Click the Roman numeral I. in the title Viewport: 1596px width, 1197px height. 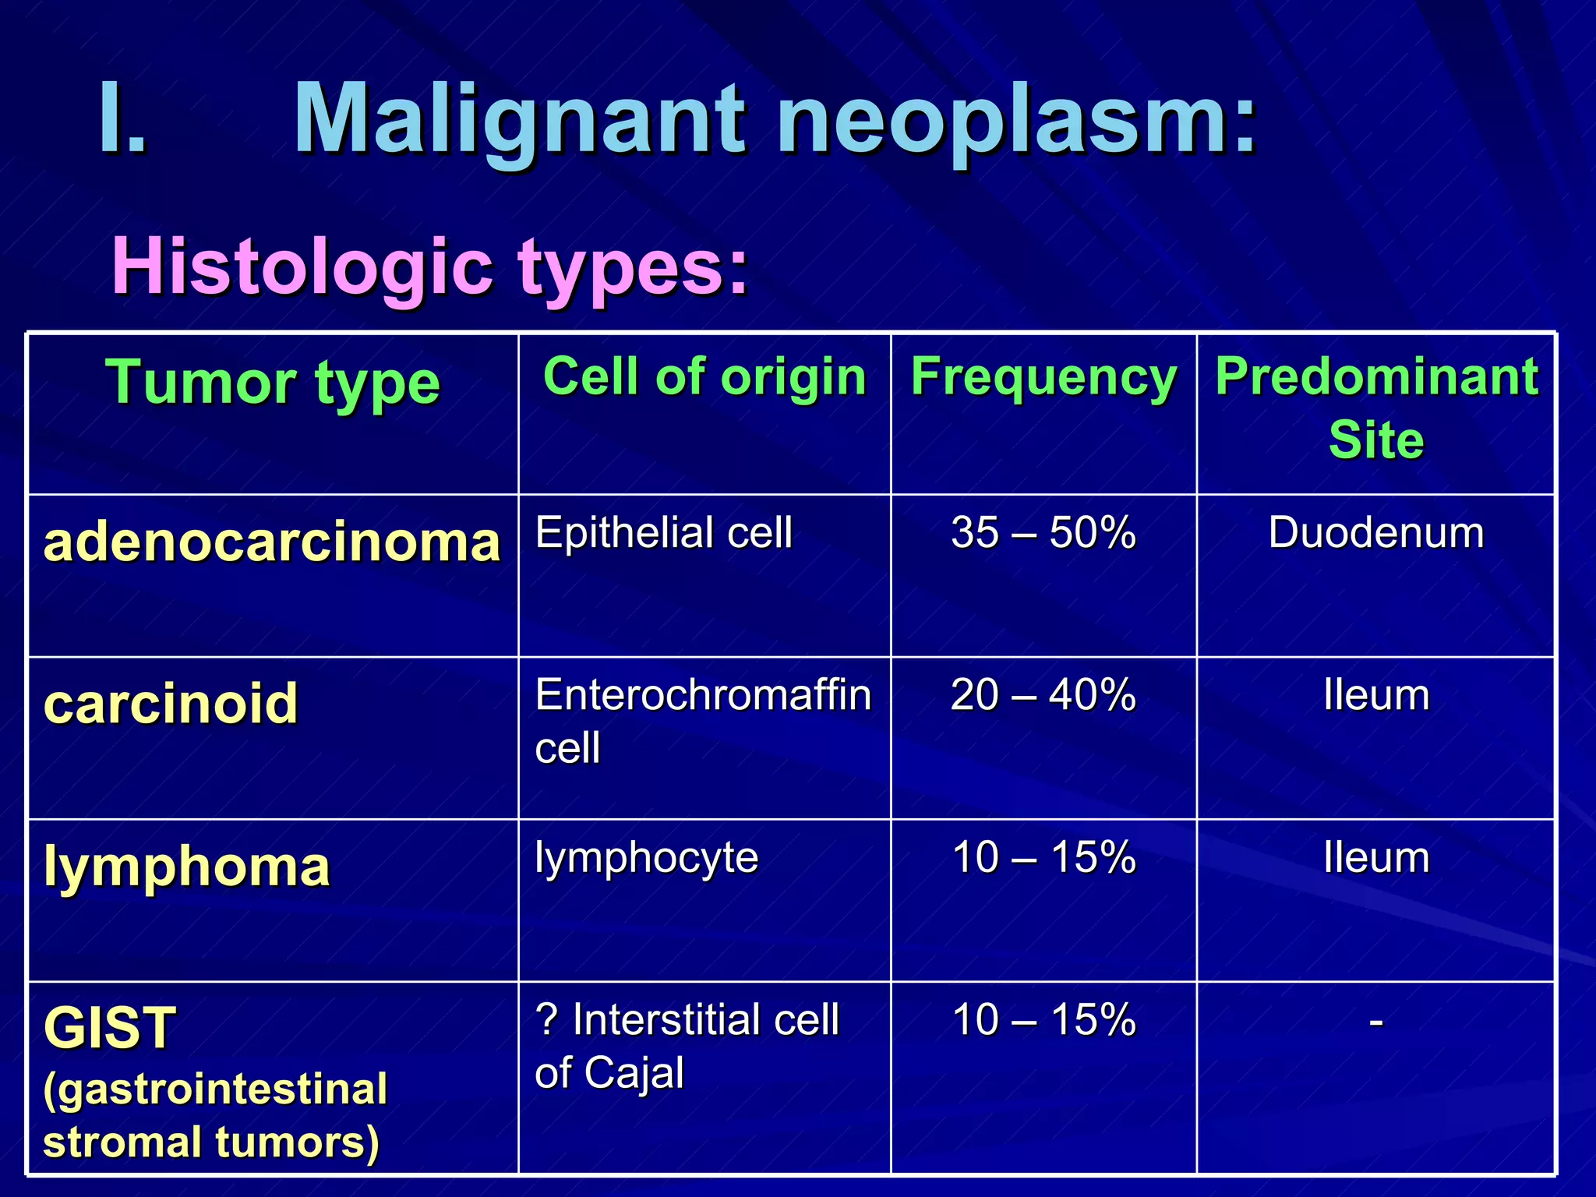(x=123, y=118)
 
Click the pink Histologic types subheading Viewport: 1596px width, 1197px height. (x=429, y=267)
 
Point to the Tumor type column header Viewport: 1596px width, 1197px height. (x=272, y=383)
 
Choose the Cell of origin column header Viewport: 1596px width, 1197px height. (x=704, y=377)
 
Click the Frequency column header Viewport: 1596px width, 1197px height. (x=1043, y=377)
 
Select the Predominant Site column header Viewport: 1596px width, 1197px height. (x=1376, y=408)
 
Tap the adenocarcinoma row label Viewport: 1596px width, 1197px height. (x=272, y=542)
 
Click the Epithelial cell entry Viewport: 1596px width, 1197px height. (x=663, y=533)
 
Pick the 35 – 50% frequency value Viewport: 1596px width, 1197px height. (x=1043, y=533)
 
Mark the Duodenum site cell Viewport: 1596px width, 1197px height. (x=1376, y=533)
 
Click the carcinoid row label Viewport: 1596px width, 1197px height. (x=171, y=703)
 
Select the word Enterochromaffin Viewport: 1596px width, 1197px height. (x=703, y=694)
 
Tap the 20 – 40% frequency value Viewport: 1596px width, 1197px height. (x=1043, y=694)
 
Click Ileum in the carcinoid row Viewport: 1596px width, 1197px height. (x=1376, y=694)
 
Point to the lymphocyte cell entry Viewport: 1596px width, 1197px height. (x=646, y=858)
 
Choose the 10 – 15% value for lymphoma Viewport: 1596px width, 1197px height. (x=1043, y=857)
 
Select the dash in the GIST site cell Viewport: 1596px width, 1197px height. (x=1376, y=1020)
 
